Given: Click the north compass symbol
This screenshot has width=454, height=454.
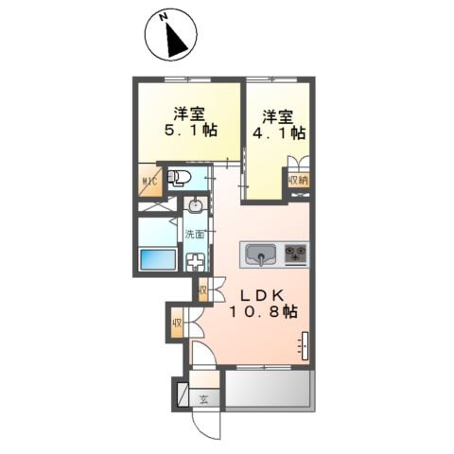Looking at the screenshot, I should click(x=170, y=36).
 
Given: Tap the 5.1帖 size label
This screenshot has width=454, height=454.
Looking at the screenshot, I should click(x=189, y=131).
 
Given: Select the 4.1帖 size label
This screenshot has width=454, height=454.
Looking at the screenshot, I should click(x=278, y=135).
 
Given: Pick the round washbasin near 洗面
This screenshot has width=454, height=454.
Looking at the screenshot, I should click(x=197, y=204).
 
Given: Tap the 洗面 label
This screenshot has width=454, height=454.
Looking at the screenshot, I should click(x=196, y=233).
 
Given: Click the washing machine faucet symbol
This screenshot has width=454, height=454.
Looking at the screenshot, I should click(x=197, y=264).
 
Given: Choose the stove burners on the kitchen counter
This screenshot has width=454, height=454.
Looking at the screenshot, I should click(x=297, y=253).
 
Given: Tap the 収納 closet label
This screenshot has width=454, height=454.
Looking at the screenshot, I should click(x=299, y=179).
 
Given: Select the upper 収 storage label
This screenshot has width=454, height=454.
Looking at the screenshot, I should click(x=202, y=289).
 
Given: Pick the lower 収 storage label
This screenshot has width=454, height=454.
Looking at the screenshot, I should click(x=178, y=324).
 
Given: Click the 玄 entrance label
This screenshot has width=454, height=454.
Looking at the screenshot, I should click(x=203, y=399).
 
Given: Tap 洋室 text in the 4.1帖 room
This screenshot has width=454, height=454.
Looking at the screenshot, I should click(x=278, y=116).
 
